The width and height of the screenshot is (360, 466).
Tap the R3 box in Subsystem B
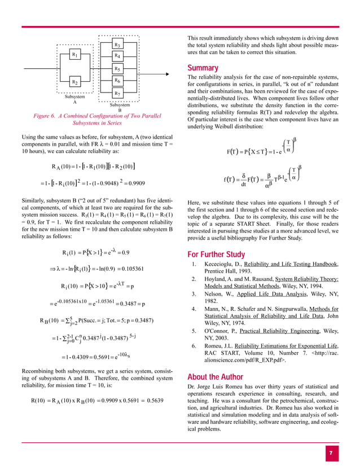click(x=117, y=44)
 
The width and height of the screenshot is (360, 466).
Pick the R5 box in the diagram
click(x=117, y=69)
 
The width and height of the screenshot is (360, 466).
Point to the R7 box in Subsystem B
click(x=117, y=93)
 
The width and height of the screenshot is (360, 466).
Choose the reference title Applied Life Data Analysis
click(x=254, y=294)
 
